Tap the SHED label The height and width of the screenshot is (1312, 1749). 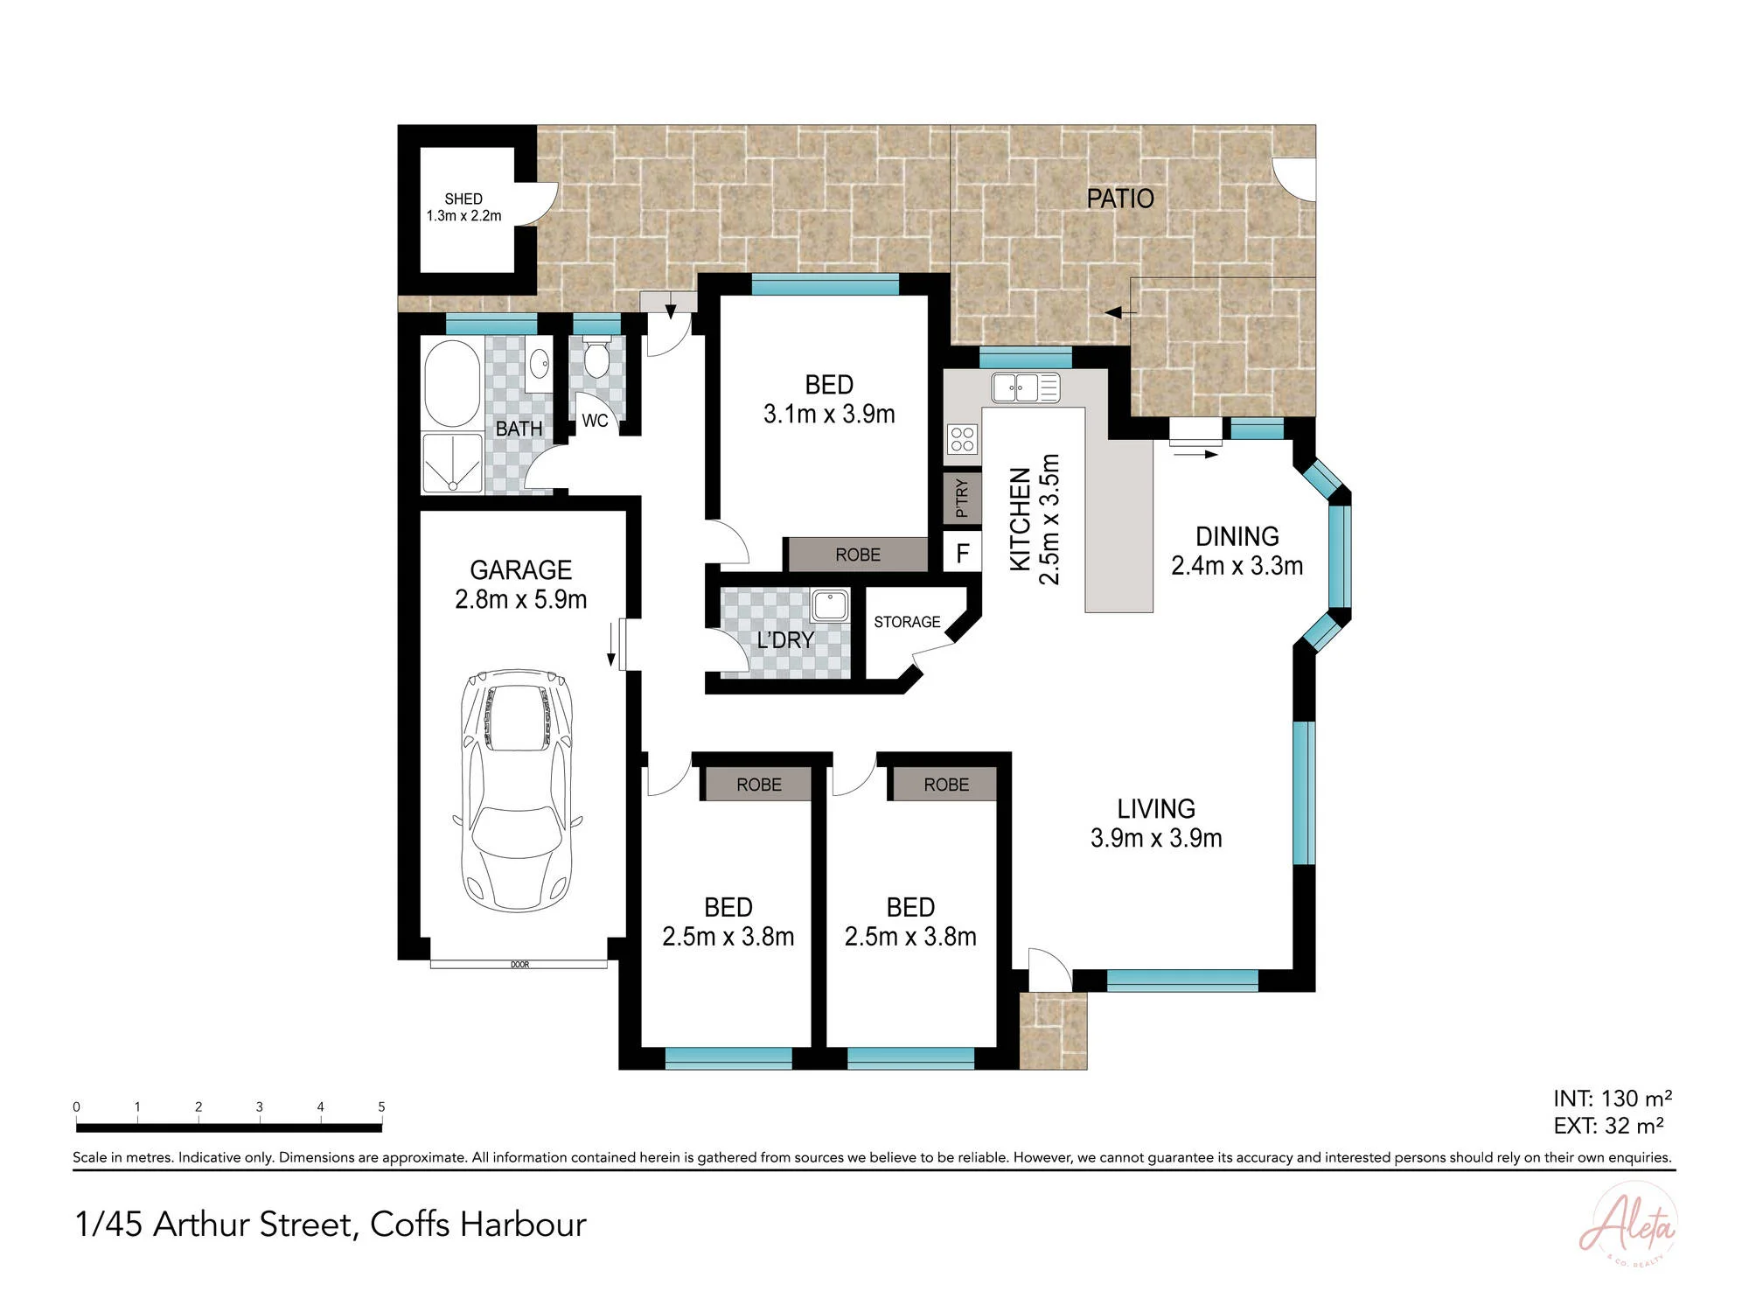[463, 199]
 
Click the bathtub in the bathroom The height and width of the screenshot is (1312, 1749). [452, 383]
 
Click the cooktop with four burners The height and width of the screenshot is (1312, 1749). [963, 439]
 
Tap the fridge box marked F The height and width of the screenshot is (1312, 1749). [963, 553]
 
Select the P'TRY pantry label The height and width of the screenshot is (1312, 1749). [962, 498]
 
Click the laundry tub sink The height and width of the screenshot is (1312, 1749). [829, 605]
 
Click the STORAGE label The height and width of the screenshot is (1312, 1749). [907, 622]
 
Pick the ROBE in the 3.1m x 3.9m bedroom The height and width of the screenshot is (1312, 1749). [857, 555]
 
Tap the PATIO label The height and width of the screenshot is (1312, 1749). [1120, 199]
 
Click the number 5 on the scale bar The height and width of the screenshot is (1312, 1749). [381, 1106]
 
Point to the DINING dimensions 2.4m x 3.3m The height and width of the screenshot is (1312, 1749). [1237, 566]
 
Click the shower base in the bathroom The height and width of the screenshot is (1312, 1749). [452, 463]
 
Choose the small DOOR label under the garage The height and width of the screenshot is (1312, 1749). [519, 965]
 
